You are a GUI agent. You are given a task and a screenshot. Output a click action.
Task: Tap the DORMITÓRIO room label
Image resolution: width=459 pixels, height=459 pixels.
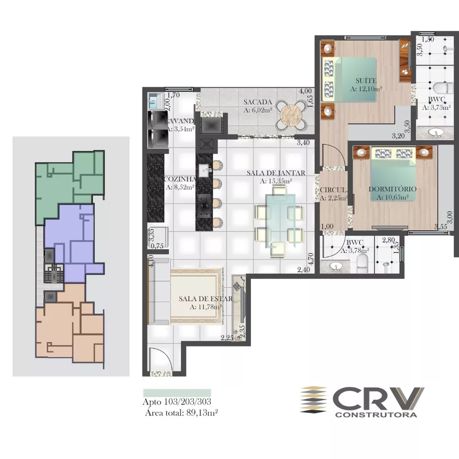[392, 189]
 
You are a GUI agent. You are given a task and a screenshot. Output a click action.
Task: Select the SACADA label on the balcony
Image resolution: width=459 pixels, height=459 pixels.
[258, 102]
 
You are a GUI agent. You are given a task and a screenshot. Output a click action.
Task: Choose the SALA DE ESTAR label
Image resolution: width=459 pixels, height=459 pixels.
[206, 298]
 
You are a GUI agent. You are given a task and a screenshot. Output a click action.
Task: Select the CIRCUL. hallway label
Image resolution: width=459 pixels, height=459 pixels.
[333, 190]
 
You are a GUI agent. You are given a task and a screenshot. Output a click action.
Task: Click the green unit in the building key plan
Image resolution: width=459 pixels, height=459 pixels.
[69, 184]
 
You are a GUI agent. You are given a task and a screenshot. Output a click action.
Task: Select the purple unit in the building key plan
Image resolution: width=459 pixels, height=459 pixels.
[73, 243]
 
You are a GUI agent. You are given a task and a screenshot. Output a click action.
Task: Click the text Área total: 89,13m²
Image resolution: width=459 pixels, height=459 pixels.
[181, 412]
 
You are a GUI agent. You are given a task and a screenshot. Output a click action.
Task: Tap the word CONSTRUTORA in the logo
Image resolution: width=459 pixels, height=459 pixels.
[376, 415]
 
